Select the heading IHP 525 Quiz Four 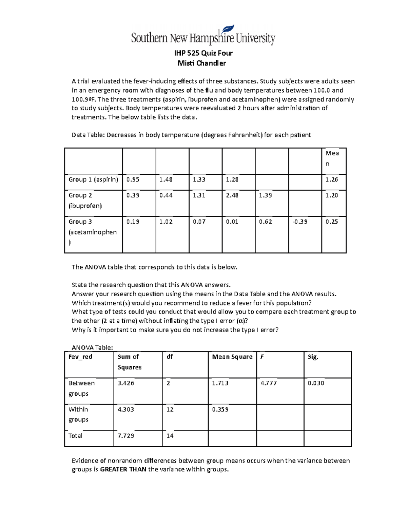point(203,53)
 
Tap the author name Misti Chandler point(202,63)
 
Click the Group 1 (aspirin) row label point(93,180)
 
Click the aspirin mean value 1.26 point(331,180)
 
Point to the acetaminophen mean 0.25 point(331,222)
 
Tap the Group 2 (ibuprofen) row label point(85,201)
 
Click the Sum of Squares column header point(129,362)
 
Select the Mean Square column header point(232,357)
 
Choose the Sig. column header point(313,357)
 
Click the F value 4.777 point(269,383)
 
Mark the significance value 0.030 point(316,383)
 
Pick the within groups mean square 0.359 point(220,410)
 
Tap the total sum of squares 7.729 point(125,436)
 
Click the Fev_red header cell point(80,357)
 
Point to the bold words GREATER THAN point(123,470)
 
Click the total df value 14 point(170,436)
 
